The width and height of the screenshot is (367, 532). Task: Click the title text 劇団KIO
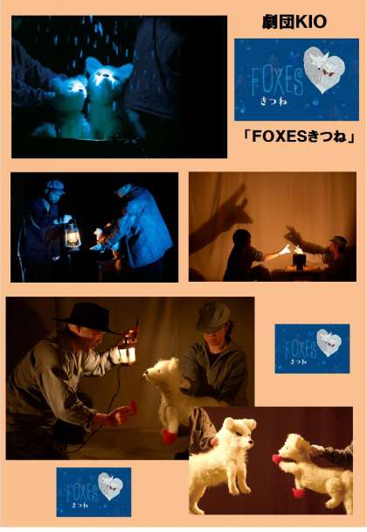point(294,22)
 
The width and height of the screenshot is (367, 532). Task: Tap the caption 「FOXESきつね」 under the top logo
point(299,136)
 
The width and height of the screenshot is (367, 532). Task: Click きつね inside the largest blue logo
point(274,101)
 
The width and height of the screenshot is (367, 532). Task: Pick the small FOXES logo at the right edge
point(312,348)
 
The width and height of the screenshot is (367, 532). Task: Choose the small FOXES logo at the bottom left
point(93,492)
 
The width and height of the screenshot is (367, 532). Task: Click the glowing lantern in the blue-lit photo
point(72,235)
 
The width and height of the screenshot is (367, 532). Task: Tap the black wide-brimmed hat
point(88,318)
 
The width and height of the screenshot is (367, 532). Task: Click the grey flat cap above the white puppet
point(213,317)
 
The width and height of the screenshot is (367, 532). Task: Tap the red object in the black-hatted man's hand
point(132,406)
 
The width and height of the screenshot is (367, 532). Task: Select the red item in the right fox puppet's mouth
point(279,459)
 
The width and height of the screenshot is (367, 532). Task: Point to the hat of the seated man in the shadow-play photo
point(338,241)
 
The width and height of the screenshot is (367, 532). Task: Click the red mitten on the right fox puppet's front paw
point(298,492)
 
